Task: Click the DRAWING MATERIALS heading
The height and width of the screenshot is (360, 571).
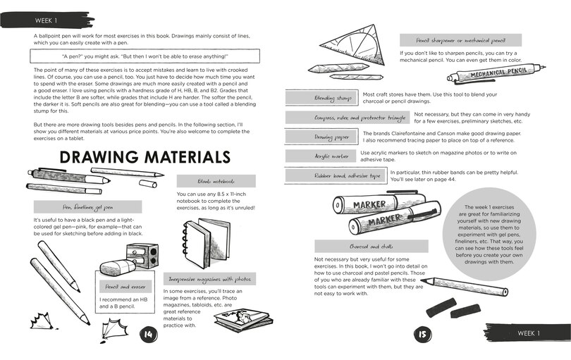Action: tap(145, 156)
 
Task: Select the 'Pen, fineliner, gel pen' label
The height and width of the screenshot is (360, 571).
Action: tap(87, 207)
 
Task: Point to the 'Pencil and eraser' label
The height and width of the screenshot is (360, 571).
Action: tap(125, 287)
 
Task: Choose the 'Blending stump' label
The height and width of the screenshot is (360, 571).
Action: tap(321, 97)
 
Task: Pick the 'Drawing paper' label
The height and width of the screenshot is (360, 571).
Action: tap(321, 137)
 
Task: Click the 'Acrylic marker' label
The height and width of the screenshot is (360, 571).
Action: tap(321, 156)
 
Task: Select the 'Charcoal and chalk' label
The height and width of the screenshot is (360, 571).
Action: tap(370, 246)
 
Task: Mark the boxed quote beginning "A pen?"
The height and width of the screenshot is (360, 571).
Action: tap(146, 56)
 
